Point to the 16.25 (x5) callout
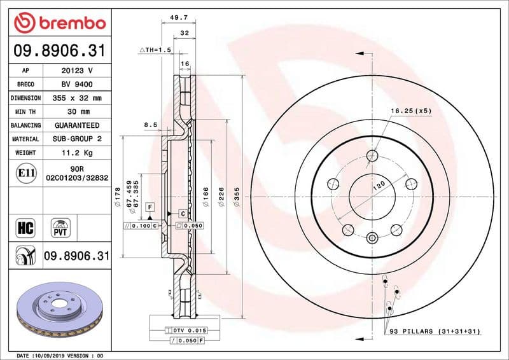(x=411, y=111)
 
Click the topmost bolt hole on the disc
(x=373, y=155)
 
